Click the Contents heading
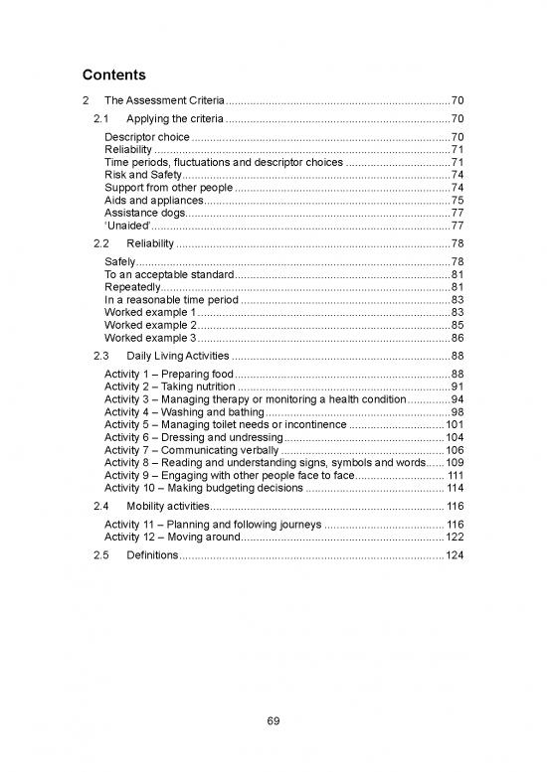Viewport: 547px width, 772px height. pyautogui.click(x=112, y=75)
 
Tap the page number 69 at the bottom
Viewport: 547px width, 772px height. pyautogui.click(x=273, y=720)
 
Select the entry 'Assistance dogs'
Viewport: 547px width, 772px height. pyautogui.click(x=144, y=213)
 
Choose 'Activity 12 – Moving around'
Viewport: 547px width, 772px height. pyautogui.click(x=171, y=537)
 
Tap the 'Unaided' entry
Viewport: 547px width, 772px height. pyautogui.click(x=126, y=226)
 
